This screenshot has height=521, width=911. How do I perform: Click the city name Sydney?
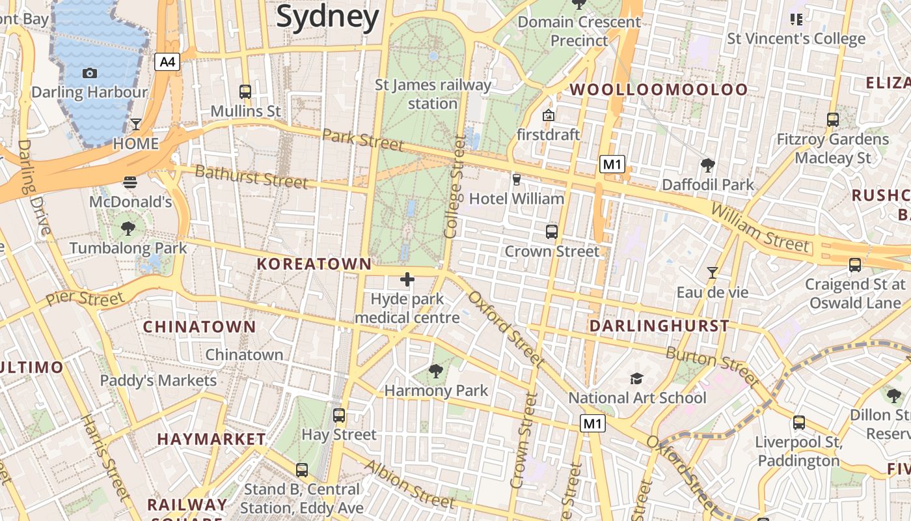(327, 17)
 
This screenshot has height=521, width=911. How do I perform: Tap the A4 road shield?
(167, 62)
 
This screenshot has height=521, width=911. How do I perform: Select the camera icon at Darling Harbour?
(90, 73)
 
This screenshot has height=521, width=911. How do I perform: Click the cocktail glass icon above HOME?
(135, 124)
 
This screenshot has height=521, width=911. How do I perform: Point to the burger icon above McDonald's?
(130, 182)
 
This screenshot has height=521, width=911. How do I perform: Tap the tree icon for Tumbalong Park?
(128, 228)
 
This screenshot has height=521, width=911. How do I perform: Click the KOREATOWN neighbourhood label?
(314, 264)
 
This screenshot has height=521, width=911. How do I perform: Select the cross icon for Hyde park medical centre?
(407, 279)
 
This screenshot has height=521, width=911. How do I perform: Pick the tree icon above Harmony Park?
(436, 371)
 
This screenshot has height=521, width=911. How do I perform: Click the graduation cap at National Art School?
(636, 378)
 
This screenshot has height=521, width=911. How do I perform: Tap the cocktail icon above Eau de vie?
(712, 273)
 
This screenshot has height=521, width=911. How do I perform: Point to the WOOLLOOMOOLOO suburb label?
(659, 90)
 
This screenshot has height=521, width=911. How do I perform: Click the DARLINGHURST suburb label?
(659, 326)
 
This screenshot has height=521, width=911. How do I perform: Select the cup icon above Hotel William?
(517, 179)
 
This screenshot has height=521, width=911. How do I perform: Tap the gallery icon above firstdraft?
(548, 116)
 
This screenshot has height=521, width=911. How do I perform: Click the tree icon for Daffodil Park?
(707, 165)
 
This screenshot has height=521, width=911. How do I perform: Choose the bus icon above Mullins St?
(245, 92)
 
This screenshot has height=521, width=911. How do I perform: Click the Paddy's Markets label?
(158, 380)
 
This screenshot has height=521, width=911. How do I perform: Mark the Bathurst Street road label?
(251, 176)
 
